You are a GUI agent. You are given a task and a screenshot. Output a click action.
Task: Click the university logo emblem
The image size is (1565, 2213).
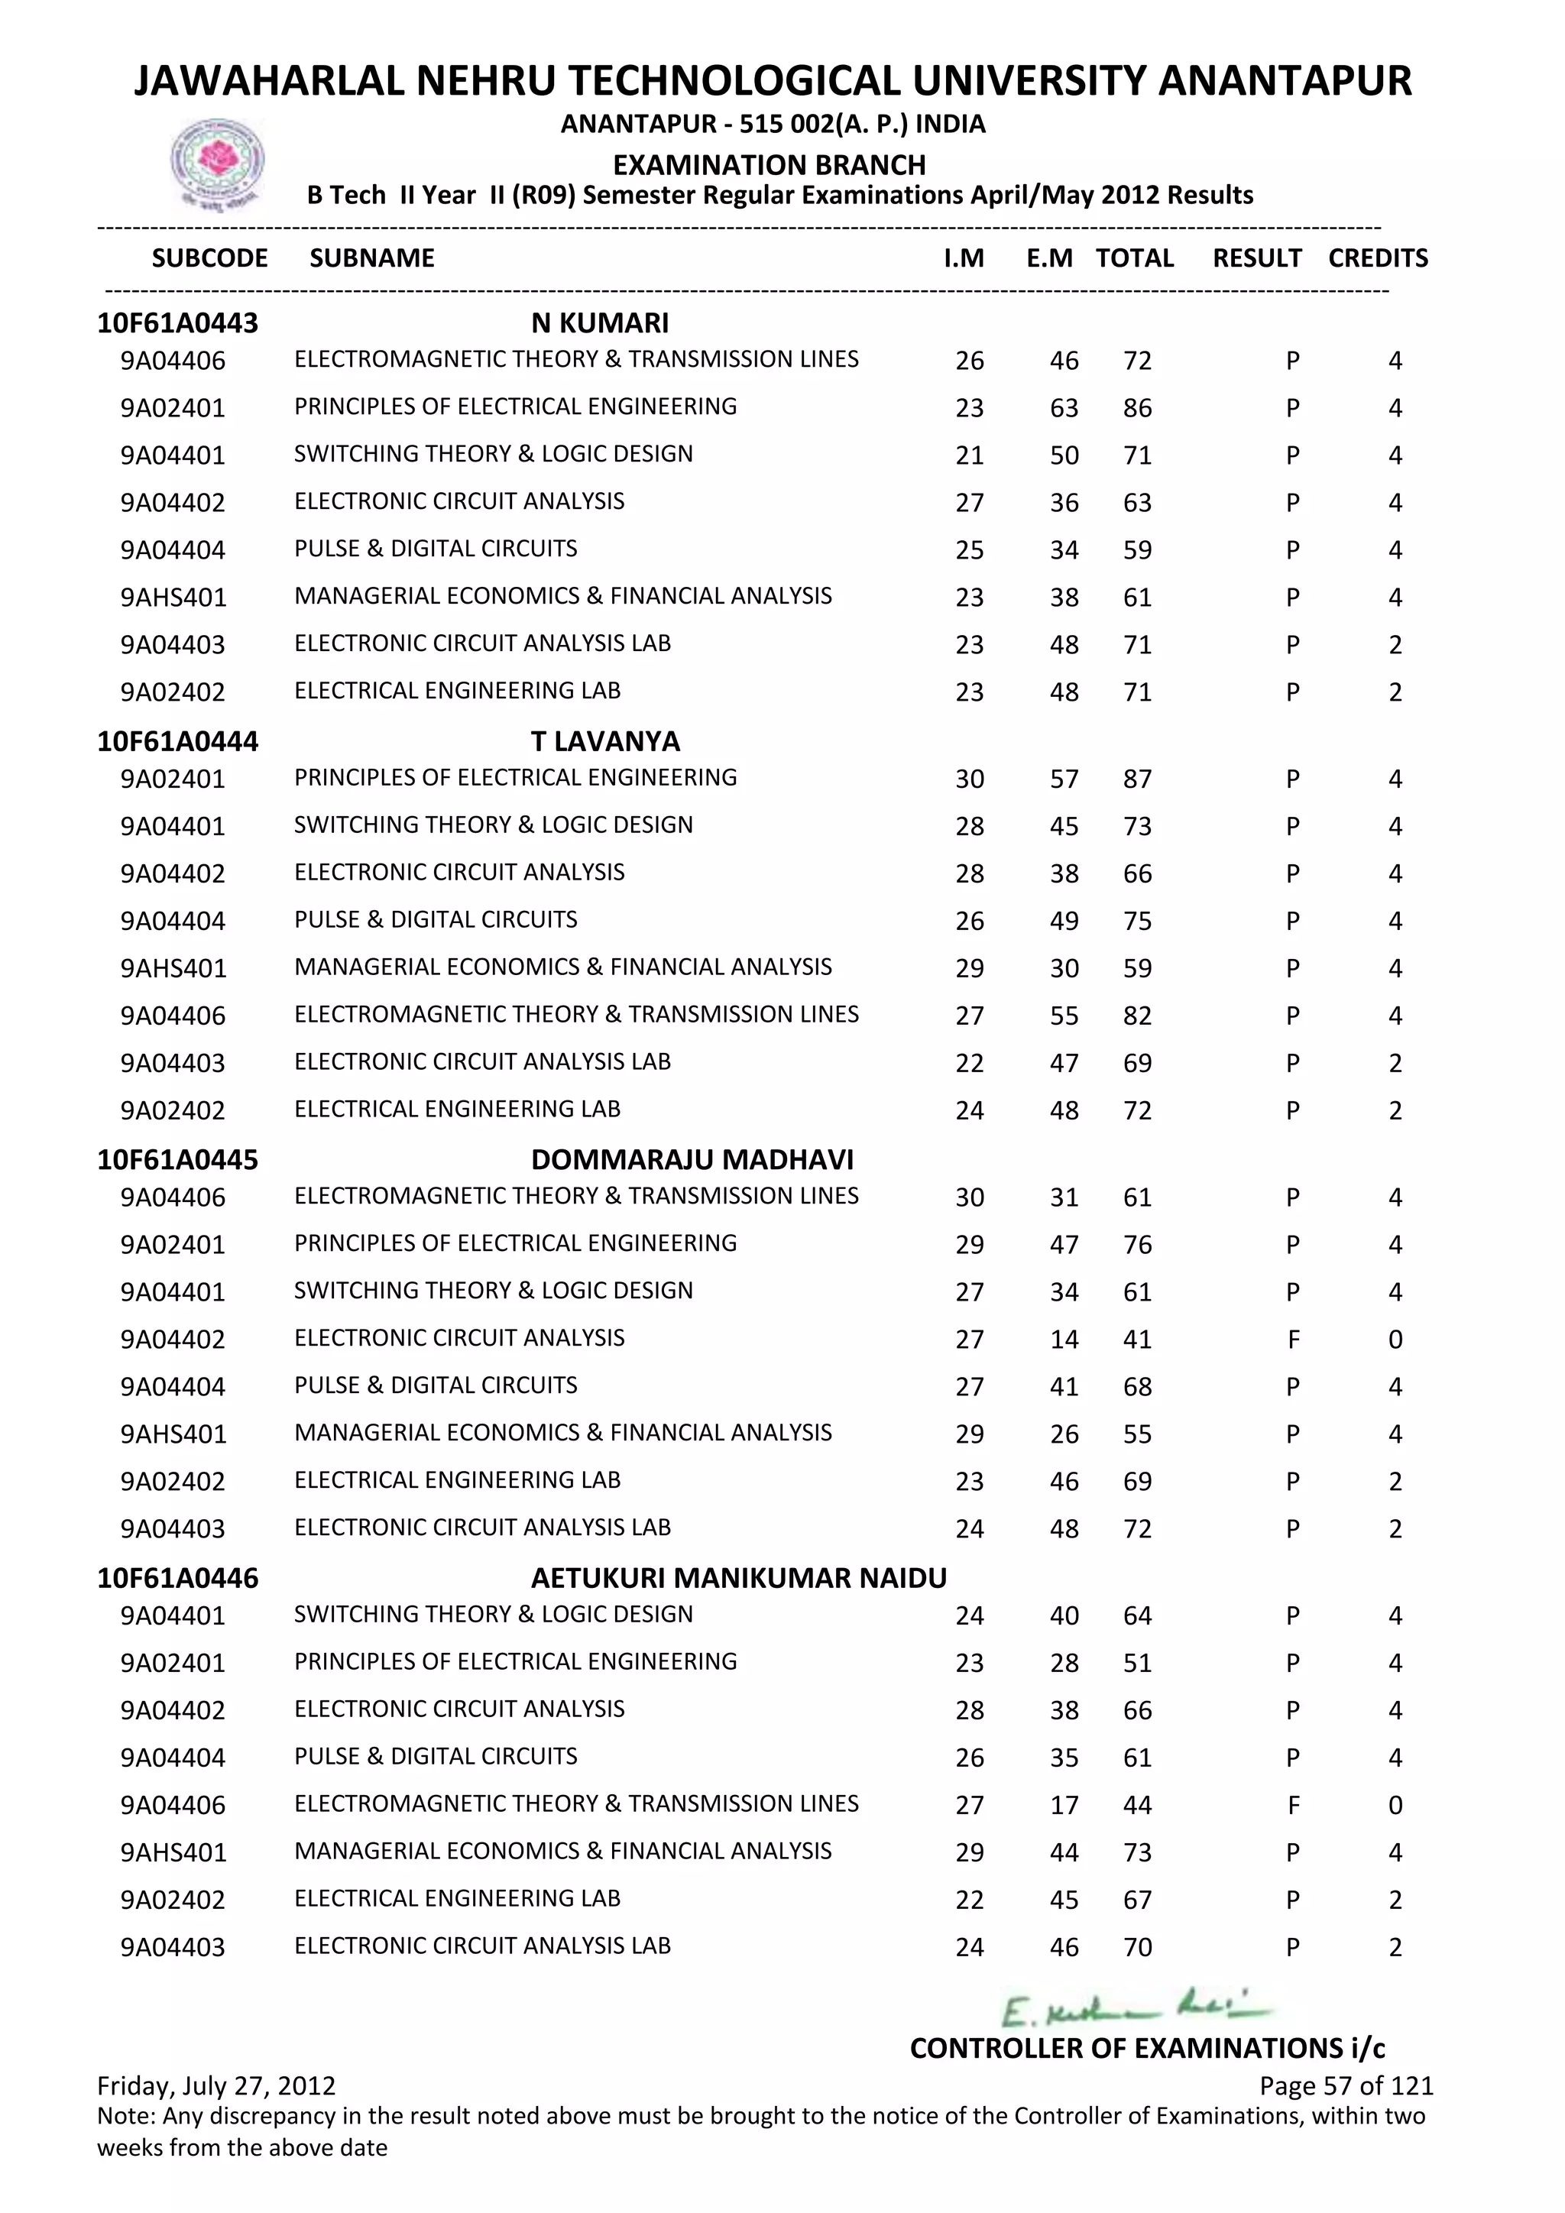click(x=217, y=162)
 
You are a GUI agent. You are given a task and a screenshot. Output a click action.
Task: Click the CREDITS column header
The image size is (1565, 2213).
click(x=1377, y=258)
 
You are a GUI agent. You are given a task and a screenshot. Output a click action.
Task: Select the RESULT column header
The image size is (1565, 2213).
click(x=1256, y=258)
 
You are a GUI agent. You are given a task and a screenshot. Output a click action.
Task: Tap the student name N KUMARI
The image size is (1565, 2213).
click(x=599, y=323)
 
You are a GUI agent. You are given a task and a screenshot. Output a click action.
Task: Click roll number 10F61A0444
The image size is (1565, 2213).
click(x=177, y=741)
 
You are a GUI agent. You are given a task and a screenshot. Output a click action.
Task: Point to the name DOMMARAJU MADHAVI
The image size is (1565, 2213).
click(x=692, y=1159)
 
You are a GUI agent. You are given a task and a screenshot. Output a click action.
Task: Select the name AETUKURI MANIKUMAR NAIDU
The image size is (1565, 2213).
click(x=738, y=1578)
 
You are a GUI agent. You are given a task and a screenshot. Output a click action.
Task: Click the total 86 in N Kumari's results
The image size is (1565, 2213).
click(x=1137, y=409)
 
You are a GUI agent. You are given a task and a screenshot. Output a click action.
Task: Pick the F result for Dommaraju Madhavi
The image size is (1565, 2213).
click(x=1293, y=1340)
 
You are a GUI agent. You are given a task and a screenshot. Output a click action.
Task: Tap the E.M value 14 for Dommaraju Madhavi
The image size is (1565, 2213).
click(x=1064, y=1340)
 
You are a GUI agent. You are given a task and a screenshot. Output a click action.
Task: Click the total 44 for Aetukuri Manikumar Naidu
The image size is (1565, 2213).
click(x=1137, y=1805)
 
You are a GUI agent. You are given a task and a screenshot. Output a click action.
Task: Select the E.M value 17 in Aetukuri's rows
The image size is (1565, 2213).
click(x=1064, y=1805)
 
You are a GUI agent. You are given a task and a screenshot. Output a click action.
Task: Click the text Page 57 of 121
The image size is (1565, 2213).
click(x=1345, y=2087)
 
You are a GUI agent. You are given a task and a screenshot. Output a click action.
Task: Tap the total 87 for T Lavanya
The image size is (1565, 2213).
click(x=1137, y=779)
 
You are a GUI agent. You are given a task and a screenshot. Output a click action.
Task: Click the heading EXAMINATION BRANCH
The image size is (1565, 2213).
click(x=769, y=165)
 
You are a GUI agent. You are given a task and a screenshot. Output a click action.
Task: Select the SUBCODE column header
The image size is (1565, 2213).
click(x=209, y=258)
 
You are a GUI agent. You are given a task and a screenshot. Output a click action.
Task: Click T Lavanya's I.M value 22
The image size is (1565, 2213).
click(x=970, y=1063)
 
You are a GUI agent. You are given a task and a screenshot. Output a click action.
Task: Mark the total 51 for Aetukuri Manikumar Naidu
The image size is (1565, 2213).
click(x=1137, y=1664)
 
